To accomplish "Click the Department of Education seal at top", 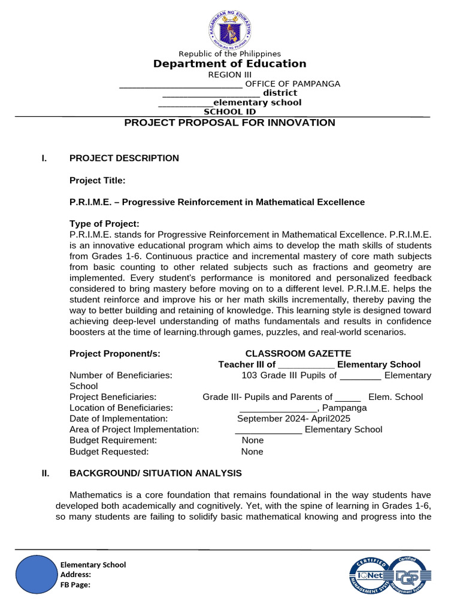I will coord(230,28).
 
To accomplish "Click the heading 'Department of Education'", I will coord(230,64).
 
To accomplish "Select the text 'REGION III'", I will coord(230,75).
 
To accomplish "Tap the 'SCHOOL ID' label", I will coord(230,112).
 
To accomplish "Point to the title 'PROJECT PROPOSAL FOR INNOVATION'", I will coord(229,123).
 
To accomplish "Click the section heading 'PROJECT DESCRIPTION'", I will coord(124,158).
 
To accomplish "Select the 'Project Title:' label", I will coord(98,180).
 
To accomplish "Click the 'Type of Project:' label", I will coord(104,224).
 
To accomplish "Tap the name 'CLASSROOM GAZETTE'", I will coord(298,354).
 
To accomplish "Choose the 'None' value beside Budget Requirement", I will coord(252,440).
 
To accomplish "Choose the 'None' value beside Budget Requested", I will coord(252,452).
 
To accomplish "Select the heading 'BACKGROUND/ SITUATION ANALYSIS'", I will coord(156,474).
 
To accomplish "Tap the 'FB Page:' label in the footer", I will coord(75,585).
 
